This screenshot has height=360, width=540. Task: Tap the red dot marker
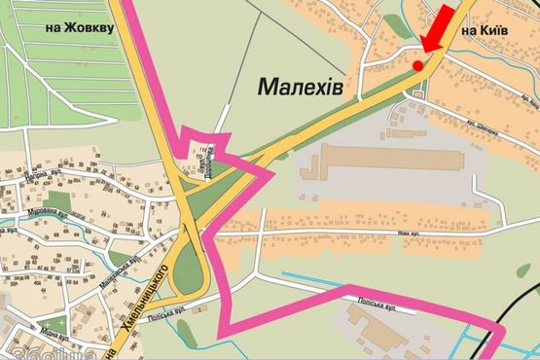[x=418, y=64]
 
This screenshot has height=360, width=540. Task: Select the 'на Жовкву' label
[x=80, y=27]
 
